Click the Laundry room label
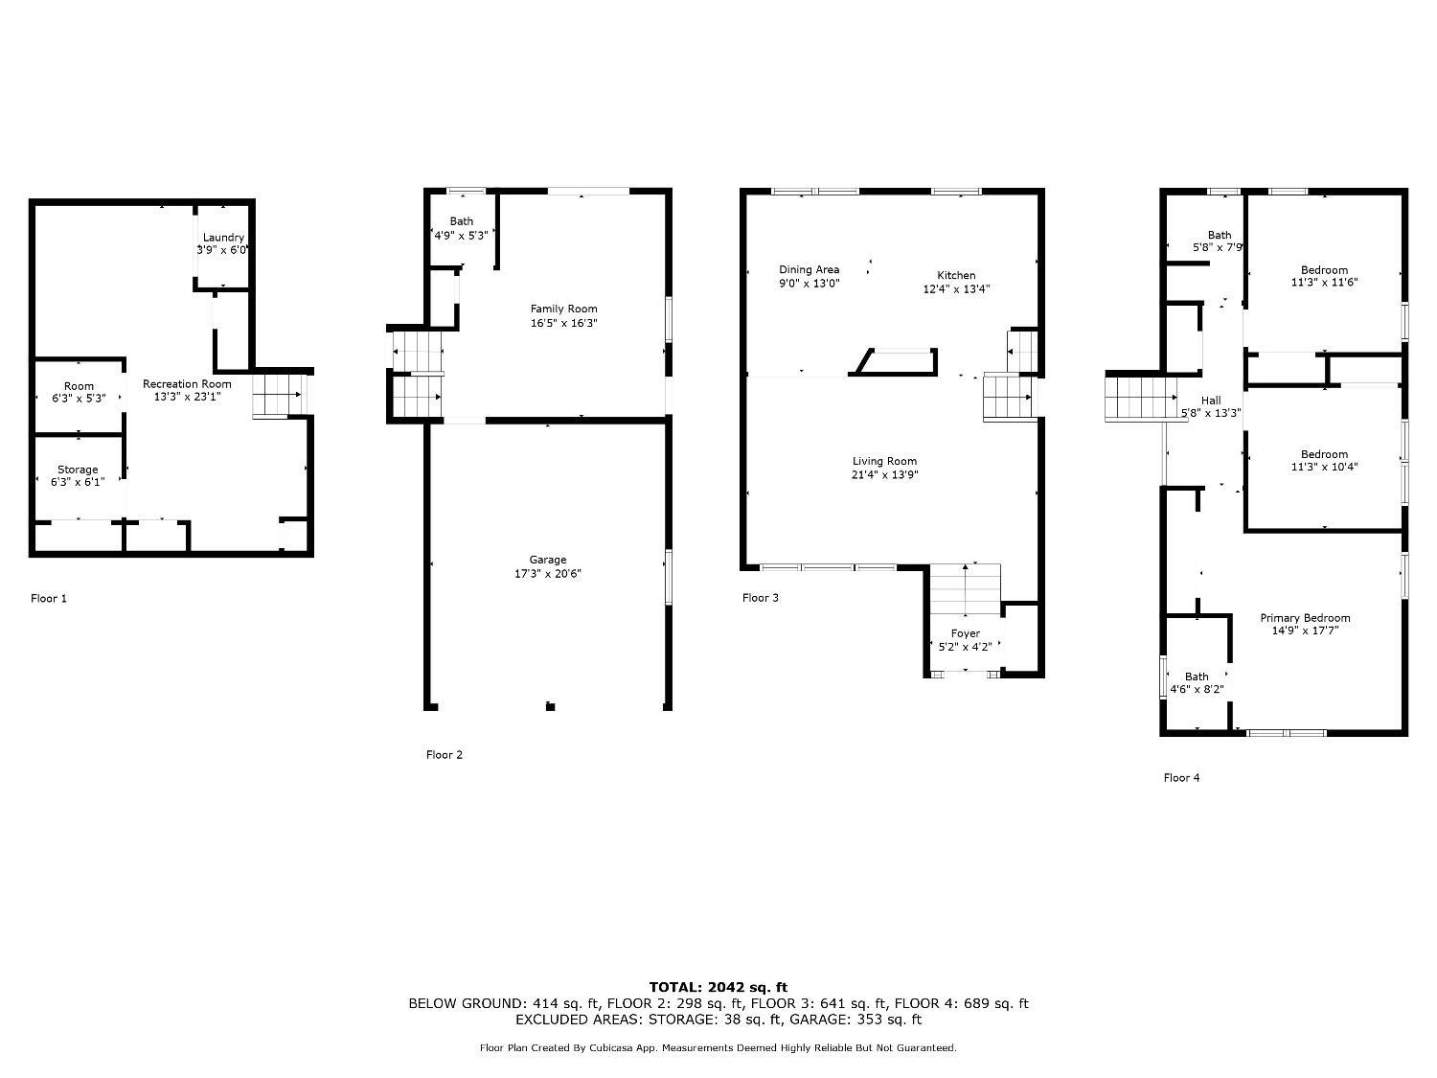(223, 238)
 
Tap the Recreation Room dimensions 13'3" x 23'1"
(187, 397)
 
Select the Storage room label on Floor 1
(78, 470)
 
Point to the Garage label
(548, 560)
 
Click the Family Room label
(563, 309)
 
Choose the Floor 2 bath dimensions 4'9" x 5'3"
(462, 234)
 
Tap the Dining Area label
(809, 270)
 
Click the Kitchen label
(956, 275)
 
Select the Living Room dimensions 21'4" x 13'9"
(885, 474)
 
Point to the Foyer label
(965, 633)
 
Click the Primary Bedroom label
(1305, 618)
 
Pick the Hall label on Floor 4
(1211, 401)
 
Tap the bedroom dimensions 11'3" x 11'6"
(1324, 283)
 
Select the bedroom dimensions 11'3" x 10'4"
(1324, 468)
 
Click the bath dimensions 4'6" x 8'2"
(1197, 689)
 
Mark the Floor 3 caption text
(761, 598)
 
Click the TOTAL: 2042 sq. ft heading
(718, 987)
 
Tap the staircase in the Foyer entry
(965, 589)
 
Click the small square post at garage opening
(550, 707)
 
